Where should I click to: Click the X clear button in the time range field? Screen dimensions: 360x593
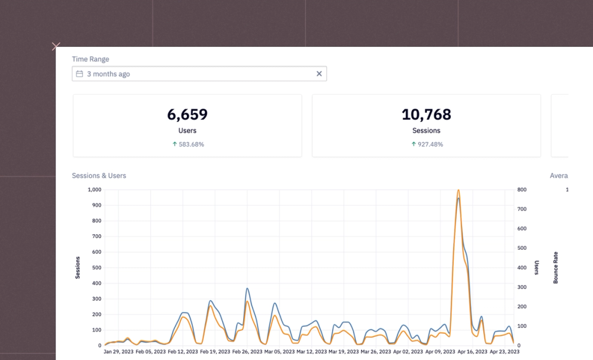(x=319, y=74)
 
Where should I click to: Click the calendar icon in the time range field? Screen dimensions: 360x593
(x=79, y=74)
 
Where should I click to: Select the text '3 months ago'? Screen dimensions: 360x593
(x=109, y=74)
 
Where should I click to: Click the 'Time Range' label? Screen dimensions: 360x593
(x=90, y=59)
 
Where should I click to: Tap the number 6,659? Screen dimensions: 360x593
(x=187, y=114)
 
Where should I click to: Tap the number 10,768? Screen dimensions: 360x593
(x=426, y=114)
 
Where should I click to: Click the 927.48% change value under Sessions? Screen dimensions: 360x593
(x=429, y=144)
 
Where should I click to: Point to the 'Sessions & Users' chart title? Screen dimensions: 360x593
(x=99, y=176)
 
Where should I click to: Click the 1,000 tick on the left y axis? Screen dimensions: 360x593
(x=94, y=190)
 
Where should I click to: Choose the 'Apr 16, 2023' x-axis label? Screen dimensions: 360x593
(x=473, y=352)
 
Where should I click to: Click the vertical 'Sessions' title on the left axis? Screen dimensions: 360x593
(x=78, y=267)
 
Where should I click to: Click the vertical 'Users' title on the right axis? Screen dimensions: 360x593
(x=537, y=267)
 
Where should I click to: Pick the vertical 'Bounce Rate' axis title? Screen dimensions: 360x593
(x=556, y=267)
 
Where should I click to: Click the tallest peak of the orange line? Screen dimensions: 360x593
(x=458, y=190)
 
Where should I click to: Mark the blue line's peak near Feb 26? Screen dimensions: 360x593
(x=247, y=289)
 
